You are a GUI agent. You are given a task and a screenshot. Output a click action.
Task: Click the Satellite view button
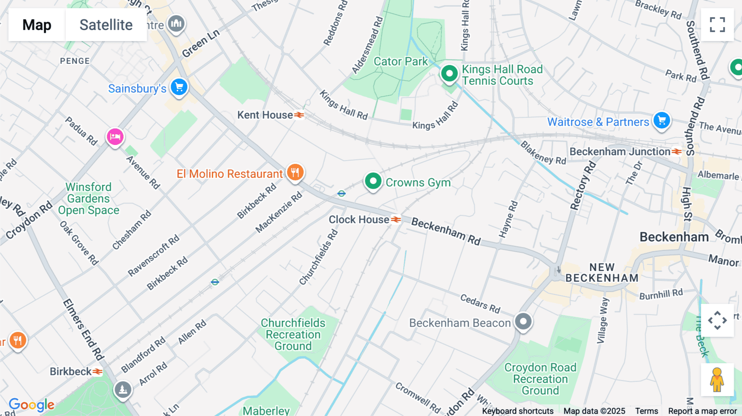(x=106, y=25)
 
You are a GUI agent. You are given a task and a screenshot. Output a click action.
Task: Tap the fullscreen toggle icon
(x=717, y=25)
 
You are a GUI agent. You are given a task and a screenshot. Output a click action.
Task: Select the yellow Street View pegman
(x=717, y=380)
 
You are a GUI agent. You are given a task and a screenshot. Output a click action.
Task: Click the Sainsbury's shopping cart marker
(x=179, y=87)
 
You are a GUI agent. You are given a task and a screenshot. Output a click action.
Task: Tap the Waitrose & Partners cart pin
(x=662, y=121)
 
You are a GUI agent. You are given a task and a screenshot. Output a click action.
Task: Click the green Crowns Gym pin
(x=373, y=181)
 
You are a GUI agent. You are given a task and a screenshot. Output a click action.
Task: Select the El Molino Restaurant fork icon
(x=295, y=172)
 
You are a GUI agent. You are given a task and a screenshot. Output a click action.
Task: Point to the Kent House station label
(x=265, y=115)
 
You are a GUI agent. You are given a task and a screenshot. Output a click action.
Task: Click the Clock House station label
(x=359, y=220)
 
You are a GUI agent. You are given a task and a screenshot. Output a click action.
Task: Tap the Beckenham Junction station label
(x=620, y=152)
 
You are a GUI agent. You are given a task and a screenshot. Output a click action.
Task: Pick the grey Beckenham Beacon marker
(x=523, y=321)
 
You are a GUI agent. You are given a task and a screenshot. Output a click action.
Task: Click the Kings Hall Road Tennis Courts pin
(x=449, y=74)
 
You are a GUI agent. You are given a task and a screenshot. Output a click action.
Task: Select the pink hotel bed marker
(x=115, y=136)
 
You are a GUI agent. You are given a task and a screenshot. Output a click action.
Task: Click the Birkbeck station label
(x=71, y=372)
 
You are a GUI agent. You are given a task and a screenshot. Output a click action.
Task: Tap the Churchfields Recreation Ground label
(x=293, y=334)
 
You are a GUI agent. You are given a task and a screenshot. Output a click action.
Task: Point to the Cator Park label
(x=401, y=61)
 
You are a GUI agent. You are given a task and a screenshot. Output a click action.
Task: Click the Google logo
(x=31, y=405)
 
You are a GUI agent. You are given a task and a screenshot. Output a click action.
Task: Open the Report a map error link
(x=702, y=411)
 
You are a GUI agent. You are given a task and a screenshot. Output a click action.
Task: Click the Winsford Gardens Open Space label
(x=89, y=199)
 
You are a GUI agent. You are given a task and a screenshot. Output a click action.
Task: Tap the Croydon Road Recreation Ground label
(x=540, y=379)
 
